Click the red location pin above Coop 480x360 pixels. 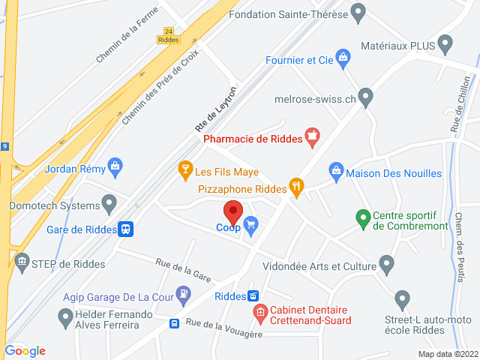pyautogui.click(x=233, y=211)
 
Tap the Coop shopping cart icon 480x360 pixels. pyautogui.click(x=251, y=223)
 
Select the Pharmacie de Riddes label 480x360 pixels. pyautogui.click(x=252, y=137)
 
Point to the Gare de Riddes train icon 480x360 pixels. pyautogui.click(x=127, y=229)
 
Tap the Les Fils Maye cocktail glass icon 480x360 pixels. pyautogui.click(x=183, y=172)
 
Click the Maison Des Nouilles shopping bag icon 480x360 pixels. pyautogui.click(x=337, y=172)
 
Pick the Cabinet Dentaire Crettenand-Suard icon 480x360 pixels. pyautogui.click(x=259, y=313)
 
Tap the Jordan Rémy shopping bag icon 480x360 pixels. pyautogui.click(x=115, y=166)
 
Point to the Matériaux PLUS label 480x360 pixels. pyautogui.click(x=397, y=45)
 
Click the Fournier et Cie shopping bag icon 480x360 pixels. pyautogui.click(x=343, y=58)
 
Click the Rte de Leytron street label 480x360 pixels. pyautogui.click(x=215, y=108)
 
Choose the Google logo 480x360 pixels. pyautogui.click(x=25, y=350)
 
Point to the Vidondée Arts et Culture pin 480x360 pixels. pyautogui.click(x=386, y=263)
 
